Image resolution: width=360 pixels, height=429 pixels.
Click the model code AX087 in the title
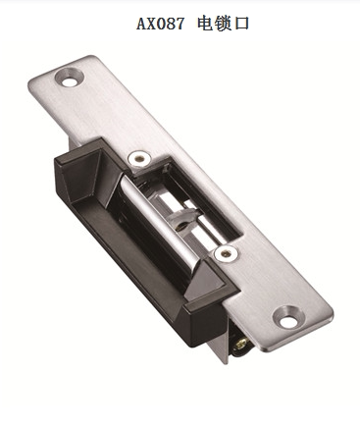point(161,22)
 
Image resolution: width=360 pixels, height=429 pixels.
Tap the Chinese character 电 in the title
point(206,22)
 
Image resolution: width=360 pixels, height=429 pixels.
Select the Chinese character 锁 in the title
point(225,22)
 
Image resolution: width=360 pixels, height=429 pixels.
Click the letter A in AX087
point(141,22)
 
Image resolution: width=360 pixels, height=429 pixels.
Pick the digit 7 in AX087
point(180,22)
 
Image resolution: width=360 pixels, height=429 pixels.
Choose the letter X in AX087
point(152,22)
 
